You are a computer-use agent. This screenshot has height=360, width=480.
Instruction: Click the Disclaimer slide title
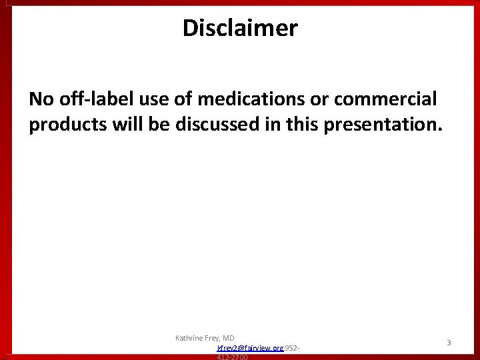240,28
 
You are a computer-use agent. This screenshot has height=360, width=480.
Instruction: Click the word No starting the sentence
40,99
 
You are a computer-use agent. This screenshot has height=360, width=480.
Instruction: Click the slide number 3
449,343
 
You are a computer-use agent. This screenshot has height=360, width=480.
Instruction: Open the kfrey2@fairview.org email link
251,349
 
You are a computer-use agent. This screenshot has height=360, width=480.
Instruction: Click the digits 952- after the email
293,349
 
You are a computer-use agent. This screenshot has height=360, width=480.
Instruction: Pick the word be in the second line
163,125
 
